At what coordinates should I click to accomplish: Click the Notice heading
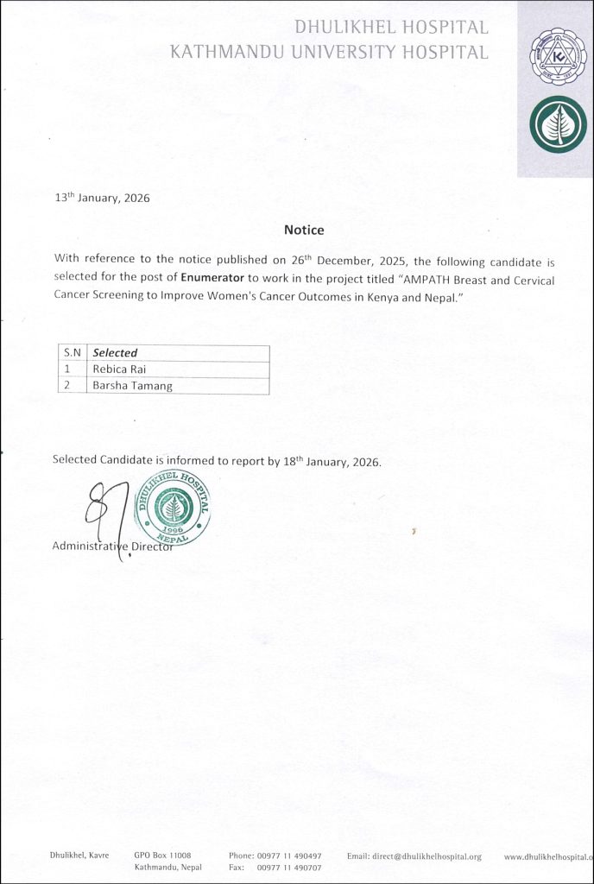pyautogui.click(x=304, y=230)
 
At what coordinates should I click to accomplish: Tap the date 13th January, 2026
pyautogui.click(x=102, y=198)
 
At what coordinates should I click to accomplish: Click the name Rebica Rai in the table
pyautogui.click(x=119, y=369)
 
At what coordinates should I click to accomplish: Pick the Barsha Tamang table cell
pyautogui.click(x=132, y=386)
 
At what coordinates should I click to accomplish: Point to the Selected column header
pyautogui.click(x=115, y=352)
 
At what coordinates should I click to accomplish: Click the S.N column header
pyautogui.click(x=72, y=352)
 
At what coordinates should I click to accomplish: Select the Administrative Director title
pyautogui.click(x=112, y=546)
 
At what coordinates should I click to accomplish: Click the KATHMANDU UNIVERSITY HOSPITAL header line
pyautogui.click(x=329, y=52)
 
